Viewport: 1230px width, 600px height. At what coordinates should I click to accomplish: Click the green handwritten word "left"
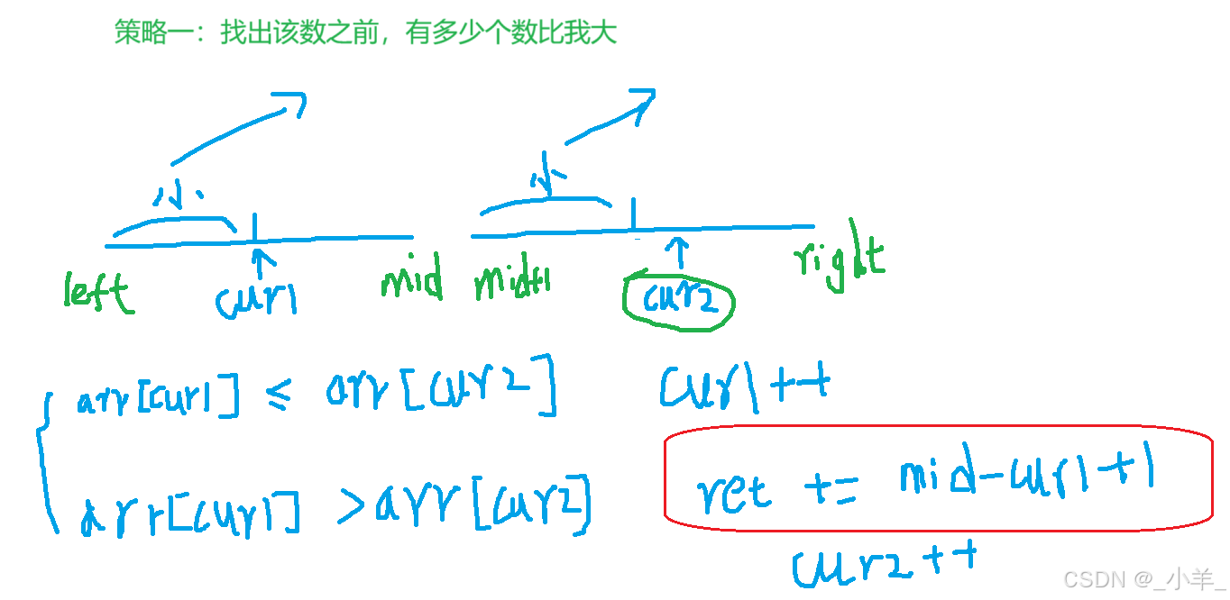(98, 292)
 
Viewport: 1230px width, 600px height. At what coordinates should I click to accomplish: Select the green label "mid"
(412, 280)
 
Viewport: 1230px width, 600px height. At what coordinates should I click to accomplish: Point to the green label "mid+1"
(512, 282)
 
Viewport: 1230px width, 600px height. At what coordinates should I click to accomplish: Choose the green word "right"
(840, 260)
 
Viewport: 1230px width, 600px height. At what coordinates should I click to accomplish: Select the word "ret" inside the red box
(733, 490)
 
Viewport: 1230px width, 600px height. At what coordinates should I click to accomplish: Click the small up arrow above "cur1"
(260, 264)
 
